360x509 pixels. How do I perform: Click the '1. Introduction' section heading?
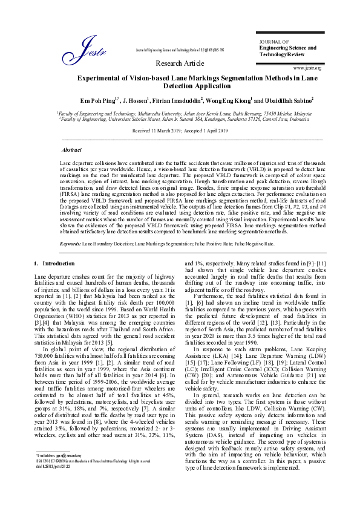click(x=54, y=264)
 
